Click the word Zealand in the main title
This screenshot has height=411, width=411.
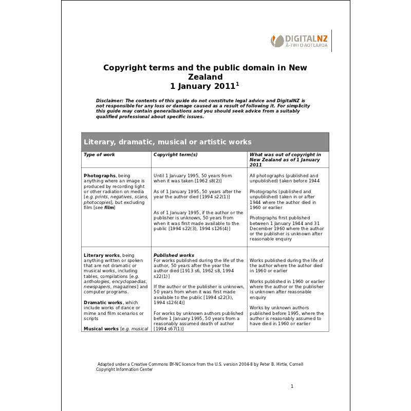point(205,77)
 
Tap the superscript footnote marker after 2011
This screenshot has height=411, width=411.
point(237,84)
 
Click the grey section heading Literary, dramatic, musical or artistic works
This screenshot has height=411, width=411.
point(167,142)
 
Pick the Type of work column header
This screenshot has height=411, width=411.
point(99,155)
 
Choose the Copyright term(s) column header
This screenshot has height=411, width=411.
point(176,155)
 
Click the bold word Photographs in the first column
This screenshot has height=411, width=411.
point(100,176)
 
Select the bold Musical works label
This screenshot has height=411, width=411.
point(101,328)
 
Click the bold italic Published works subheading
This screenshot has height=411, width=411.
point(174,255)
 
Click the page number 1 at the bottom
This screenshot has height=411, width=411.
point(292,386)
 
